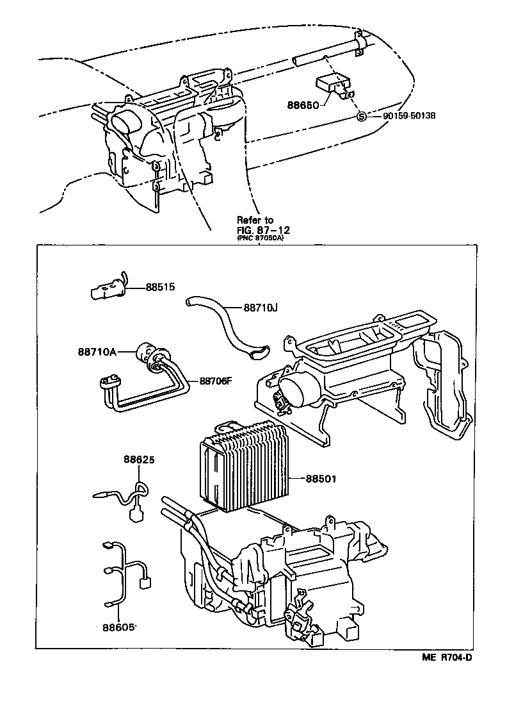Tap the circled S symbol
[x=361, y=116]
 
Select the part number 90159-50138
[x=409, y=116]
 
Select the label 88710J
[x=261, y=307]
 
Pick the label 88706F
[x=216, y=380]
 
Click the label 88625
[x=140, y=460]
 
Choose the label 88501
[x=321, y=478]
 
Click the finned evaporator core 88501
[x=246, y=465]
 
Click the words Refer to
[x=255, y=220]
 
